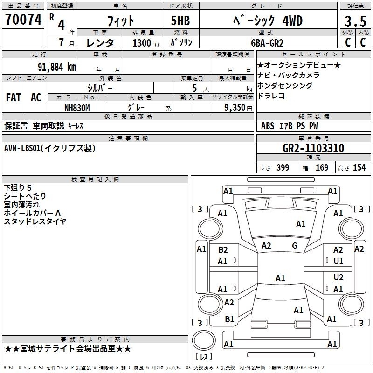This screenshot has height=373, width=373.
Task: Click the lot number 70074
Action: pyautogui.click(x=23, y=20)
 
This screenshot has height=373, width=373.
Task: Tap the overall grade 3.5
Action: pyautogui.click(x=355, y=21)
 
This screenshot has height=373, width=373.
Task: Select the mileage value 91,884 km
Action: pyautogui.click(x=57, y=67)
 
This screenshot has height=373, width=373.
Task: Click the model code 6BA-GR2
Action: pyautogui.click(x=267, y=43)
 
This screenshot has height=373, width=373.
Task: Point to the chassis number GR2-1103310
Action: pyautogui.click(x=313, y=148)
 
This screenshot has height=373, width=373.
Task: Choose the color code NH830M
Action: pyautogui.click(x=77, y=108)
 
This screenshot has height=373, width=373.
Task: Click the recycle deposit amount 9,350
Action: pyautogui.click(x=235, y=107)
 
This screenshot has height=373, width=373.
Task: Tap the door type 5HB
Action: pyautogui.click(x=180, y=21)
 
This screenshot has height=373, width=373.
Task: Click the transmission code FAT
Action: pyautogui.click(x=14, y=97)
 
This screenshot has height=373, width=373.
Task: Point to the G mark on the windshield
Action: pyautogui.click(x=295, y=246)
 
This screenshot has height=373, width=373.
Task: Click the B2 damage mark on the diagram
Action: pyautogui.click(x=223, y=250)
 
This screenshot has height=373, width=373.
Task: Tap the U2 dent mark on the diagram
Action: pyautogui.click(x=338, y=277)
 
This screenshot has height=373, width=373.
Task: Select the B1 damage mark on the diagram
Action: pyautogui.click(x=229, y=319)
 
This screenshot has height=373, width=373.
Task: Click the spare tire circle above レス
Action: pyautogui.click(x=204, y=340)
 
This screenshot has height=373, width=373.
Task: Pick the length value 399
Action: pyautogui.click(x=283, y=168)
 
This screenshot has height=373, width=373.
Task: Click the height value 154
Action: pyautogui.click(x=359, y=168)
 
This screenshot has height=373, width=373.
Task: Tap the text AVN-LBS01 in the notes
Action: pyautogui.click(x=22, y=148)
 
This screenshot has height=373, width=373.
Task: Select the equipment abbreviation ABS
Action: pyautogui.click(x=268, y=126)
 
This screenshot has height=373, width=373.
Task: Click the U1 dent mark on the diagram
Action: pyautogui.click(x=338, y=262)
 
